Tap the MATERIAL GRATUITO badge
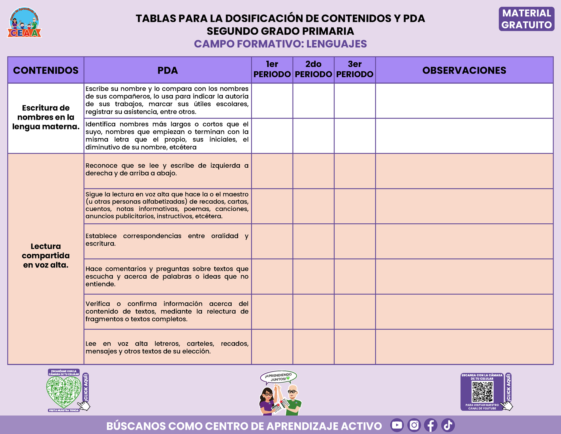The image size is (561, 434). pyautogui.click(x=526, y=19)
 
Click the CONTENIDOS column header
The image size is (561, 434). pyautogui.click(x=46, y=70)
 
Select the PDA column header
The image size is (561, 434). pyautogui.click(x=167, y=70)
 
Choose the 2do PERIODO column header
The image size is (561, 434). pyautogui.click(x=313, y=70)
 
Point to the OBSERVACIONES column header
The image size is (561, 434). pyautogui.click(x=464, y=70)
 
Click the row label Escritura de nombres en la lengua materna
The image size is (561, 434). pyautogui.click(x=46, y=117)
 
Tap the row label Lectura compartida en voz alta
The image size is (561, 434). pyautogui.click(x=46, y=255)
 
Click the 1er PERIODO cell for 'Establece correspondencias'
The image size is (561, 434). pyautogui.click(x=272, y=241)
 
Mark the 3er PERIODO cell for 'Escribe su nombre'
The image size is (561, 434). pyautogui.click(x=355, y=100)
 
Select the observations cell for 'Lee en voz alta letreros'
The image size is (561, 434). pyautogui.click(x=464, y=347)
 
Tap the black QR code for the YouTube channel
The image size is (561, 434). pyautogui.click(x=482, y=392)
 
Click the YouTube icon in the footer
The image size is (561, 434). pyautogui.click(x=397, y=425)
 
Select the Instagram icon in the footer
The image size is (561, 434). pyautogui.click(x=414, y=425)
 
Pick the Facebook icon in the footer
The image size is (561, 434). pyautogui.click(x=431, y=425)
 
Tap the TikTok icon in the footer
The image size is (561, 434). pyautogui.click(x=448, y=425)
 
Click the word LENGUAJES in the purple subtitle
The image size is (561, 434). pyautogui.click(x=336, y=44)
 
